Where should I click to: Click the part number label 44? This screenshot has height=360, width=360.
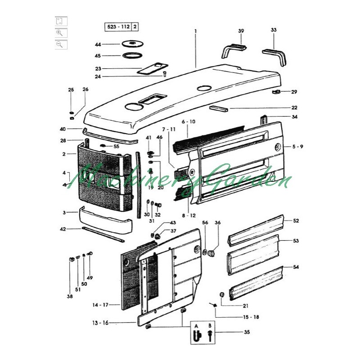point(98,44)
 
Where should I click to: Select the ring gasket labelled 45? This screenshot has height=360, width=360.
point(132,56)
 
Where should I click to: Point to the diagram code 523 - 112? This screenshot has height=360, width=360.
point(118,27)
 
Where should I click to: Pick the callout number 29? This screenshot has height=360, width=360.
point(294,92)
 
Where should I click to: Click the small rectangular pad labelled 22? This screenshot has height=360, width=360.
point(218,108)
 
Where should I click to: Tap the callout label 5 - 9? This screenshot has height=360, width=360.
point(297,147)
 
